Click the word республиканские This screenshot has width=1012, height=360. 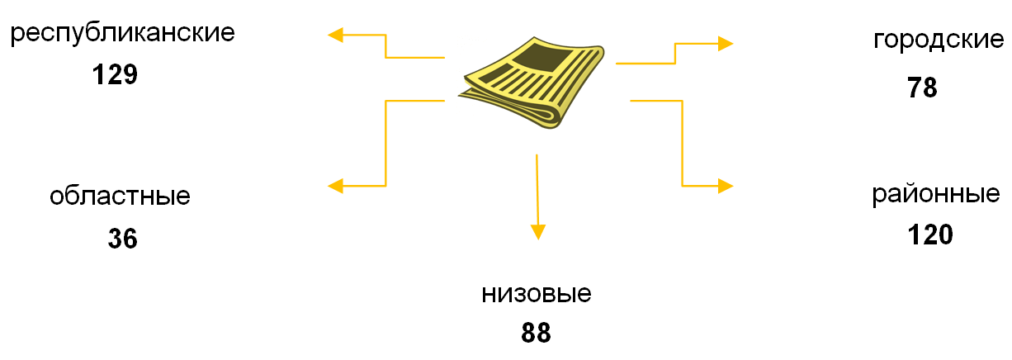[123, 35]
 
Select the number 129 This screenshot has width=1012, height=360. [114, 75]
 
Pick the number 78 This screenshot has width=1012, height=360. [922, 88]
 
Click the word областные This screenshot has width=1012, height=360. [120, 197]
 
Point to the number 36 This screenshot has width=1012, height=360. [122, 239]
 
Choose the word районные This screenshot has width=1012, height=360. [936, 196]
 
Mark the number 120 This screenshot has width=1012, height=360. [930, 234]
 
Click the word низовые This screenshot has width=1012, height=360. [537, 295]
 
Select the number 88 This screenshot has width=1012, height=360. [536, 333]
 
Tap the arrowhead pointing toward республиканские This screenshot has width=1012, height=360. [336, 35]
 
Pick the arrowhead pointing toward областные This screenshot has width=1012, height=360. [336, 186]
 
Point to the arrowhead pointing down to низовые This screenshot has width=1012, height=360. [538, 232]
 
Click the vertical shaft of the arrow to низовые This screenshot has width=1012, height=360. [537, 190]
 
